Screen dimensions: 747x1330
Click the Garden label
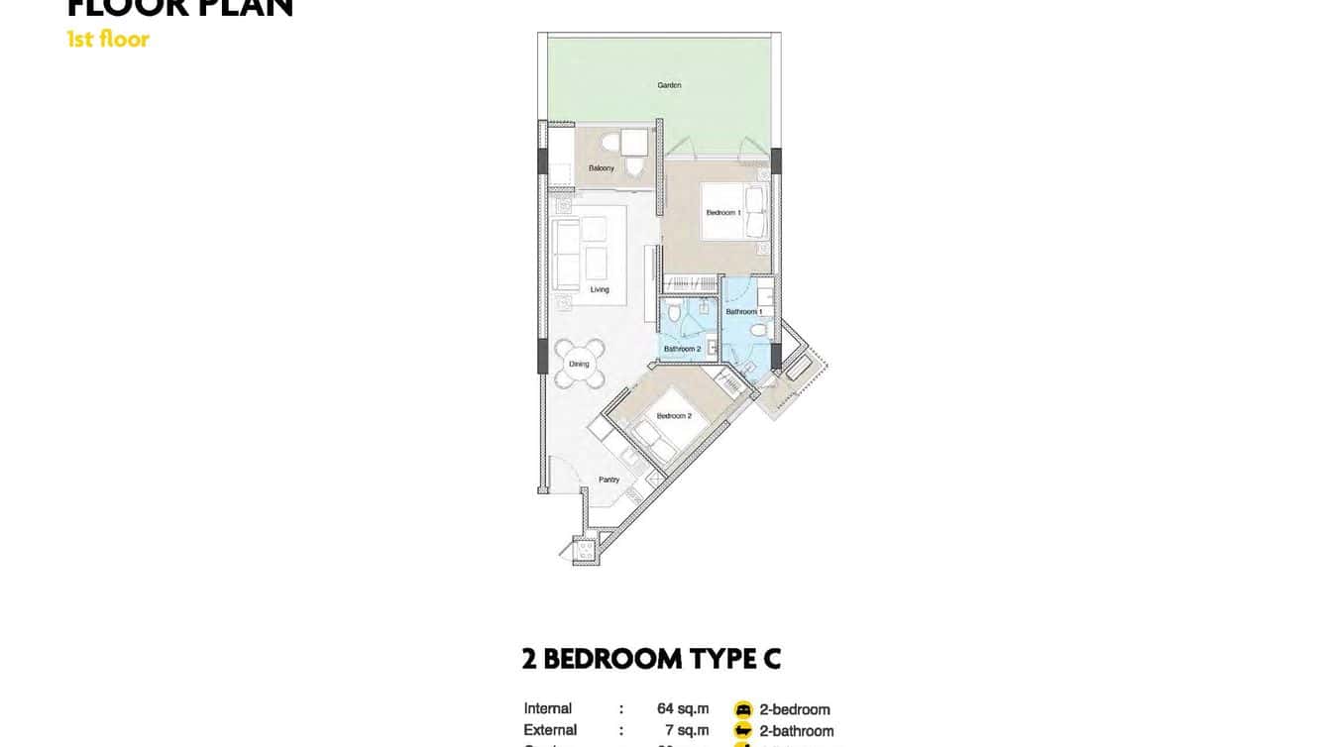tap(669, 85)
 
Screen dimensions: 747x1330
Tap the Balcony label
tap(601, 168)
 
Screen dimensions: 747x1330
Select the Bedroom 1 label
tap(723, 213)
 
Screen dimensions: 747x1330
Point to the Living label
tap(600, 290)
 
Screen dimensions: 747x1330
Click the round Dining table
tap(579, 364)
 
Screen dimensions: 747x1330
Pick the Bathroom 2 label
tap(682, 349)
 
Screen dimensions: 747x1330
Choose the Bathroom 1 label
tap(743, 312)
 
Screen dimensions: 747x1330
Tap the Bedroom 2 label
tap(674, 416)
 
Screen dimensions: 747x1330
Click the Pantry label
tap(609, 480)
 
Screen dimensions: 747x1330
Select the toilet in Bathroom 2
tap(674, 315)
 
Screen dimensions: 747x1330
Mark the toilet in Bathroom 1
tap(758, 330)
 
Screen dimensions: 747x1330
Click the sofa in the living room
tap(567, 255)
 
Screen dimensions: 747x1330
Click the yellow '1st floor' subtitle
tap(108, 40)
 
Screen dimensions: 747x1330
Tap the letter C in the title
tap(770, 659)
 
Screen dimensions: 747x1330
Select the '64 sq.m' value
tap(683, 709)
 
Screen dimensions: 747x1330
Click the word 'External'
tap(550, 731)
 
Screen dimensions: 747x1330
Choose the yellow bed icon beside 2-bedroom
tap(743, 709)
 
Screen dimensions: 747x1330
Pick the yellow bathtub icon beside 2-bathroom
tap(743, 731)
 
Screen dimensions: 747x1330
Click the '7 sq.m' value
tap(687, 731)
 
